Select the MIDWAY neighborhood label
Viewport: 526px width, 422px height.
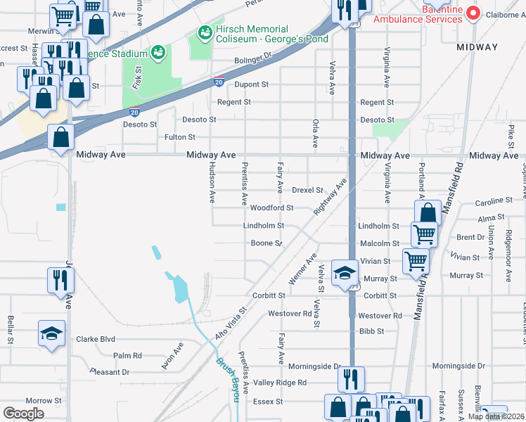[x=477, y=47]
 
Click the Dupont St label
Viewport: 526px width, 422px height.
[x=252, y=85]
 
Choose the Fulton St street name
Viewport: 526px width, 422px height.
[x=179, y=137]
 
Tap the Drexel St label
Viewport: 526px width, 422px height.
[x=307, y=190]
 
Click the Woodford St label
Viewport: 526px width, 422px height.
[x=271, y=208]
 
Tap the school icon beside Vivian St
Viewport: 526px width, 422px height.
[x=345, y=272]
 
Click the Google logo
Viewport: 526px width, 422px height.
[x=23, y=413]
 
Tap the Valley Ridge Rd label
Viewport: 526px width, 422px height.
[x=281, y=383]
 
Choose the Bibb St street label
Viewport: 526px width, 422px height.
[x=371, y=331]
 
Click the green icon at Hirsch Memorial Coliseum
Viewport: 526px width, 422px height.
[x=205, y=32]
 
